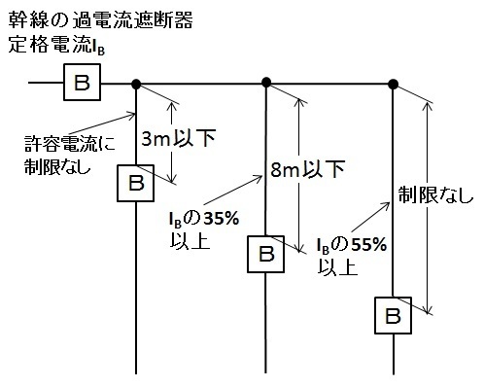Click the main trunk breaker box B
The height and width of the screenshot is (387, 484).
[x=82, y=82]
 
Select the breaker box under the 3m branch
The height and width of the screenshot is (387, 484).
[x=135, y=183]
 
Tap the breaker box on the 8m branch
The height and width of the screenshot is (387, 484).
[x=265, y=254]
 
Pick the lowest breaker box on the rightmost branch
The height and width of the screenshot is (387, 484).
[x=393, y=315]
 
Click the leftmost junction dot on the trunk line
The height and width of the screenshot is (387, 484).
[x=136, y=85]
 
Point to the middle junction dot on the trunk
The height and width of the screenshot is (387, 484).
[x=266, y=83]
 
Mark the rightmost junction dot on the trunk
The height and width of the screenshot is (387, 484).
[x=393, y=85]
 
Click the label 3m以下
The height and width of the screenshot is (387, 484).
[x=179, y=139]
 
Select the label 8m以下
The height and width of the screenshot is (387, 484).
[x=307, y=169]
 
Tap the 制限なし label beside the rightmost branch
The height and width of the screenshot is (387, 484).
[x=436, y=195]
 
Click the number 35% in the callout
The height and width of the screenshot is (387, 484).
[x=222, y=219]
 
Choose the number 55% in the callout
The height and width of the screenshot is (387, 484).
[x=369, y=245]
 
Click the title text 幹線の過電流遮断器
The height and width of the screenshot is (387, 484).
[x=100, y=19]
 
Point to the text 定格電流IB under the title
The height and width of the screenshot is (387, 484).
[x=56, y=45]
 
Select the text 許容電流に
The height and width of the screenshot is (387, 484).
[x=70, y=144]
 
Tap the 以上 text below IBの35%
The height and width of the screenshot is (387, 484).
[x=190, y=240]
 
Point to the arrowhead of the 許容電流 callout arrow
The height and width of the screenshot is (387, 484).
[x=133, y=115]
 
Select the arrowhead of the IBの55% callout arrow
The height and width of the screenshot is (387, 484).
[x=387, y=204]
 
